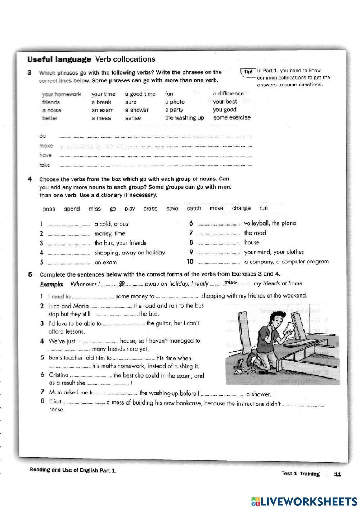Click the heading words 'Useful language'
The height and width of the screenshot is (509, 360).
(x=59, y=59)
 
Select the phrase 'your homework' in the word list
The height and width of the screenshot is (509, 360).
(x=62, y=94)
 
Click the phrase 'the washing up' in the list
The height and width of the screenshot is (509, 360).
(x=184, y=118)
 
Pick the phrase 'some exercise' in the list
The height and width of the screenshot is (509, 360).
(x=231, y=117)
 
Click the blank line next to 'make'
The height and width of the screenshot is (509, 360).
(x=155, y=146)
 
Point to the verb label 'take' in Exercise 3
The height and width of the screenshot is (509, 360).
(x=45, y=165)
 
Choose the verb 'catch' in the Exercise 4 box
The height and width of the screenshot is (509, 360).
(x=194, y=208)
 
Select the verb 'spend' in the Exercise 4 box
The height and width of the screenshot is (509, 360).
(x=72, y=209)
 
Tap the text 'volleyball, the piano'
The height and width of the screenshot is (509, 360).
(x=270, y=223)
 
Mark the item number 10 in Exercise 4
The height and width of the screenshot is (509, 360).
(x=190, y=262)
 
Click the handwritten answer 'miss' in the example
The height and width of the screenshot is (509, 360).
(x=230, y=282)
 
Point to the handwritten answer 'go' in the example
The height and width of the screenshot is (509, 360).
(x=122, y=283)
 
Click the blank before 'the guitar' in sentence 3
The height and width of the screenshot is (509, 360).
(x=124, y=324)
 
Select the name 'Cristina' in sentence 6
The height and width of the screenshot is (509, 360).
(x=58, y=375)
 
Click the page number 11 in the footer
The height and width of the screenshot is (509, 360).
(x=337, y=474)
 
